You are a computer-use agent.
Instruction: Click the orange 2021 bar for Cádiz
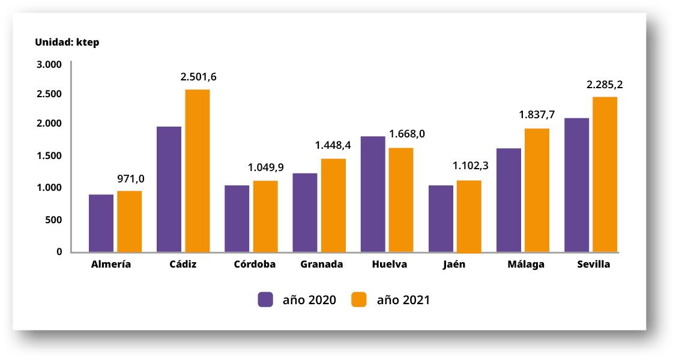198,171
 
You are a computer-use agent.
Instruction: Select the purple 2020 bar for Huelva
373,194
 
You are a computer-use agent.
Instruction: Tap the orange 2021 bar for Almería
129,221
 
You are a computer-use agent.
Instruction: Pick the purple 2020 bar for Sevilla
577,185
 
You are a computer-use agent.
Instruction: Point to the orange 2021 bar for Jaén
469,216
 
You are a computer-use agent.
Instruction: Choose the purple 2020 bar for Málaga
509,200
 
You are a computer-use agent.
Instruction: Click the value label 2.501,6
199,77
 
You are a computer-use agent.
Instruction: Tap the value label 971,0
131,179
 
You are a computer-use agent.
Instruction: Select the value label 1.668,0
407,134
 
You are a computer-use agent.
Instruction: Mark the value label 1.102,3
470,165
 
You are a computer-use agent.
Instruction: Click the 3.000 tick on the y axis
49,64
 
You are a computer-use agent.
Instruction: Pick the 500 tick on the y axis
53,220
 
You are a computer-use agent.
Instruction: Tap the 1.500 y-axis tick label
49,155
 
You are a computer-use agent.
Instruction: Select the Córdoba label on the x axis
255,264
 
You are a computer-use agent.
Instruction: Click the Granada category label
322,264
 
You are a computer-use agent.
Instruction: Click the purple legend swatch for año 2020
266,299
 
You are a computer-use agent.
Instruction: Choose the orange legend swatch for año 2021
359,299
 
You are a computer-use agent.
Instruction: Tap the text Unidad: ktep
67,42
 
